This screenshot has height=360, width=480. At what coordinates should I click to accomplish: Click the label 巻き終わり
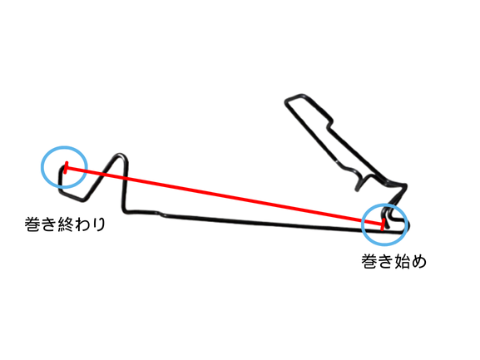(x=65, y=224)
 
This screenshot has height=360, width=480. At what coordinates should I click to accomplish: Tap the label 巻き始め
(x=394, y=261)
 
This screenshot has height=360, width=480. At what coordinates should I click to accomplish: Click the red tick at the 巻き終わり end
(x=66, y=168)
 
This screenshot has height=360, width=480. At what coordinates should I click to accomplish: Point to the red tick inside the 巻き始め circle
(x=383, y=224)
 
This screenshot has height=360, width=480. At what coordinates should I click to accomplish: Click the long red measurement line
(x=225, y=196)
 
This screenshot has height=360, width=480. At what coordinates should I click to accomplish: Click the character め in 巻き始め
(x=418, y=261)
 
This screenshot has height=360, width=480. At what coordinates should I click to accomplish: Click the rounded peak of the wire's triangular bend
(x=121, y=155)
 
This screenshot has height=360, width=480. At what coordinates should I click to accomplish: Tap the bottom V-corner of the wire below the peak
(x=82, y=200)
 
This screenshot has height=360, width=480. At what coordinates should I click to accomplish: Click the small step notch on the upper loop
(x=329, y=123)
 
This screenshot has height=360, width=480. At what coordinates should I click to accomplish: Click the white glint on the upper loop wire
(x=337, y=160)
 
